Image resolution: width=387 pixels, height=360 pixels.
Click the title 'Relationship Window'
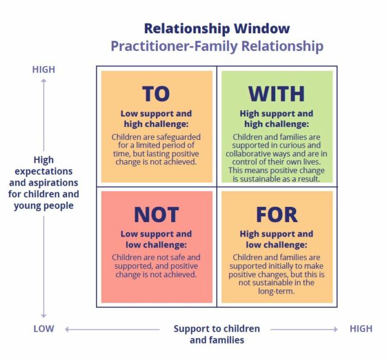point(216,28)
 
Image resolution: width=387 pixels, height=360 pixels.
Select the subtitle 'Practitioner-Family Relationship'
point(216,46)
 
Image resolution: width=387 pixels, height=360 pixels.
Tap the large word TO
point(156,94)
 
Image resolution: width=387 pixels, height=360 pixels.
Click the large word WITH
point(276,94)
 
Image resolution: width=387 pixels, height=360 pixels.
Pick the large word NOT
point(156,215)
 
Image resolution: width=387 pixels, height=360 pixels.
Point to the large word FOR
point(276,215)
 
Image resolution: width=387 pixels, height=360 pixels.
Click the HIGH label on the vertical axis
point(44,70)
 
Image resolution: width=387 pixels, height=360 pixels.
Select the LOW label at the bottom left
point(44,329)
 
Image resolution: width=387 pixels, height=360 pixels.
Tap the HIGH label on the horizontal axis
point(361,329)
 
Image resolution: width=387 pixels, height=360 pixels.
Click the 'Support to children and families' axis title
point(216,334)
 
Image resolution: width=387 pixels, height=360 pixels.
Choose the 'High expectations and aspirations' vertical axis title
point(44,183)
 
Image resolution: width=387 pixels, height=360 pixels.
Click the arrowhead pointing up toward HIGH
point(44,81)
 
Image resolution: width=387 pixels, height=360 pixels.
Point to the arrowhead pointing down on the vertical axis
point(44,316)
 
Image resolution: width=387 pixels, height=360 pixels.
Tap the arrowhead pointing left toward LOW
point(67,329)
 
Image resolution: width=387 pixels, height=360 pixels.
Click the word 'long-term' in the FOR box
point(276,291)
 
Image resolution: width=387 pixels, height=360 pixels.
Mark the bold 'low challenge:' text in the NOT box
point(156,244)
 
